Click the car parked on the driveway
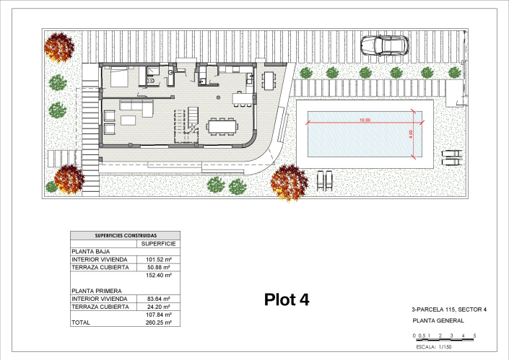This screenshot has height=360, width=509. point(385,45)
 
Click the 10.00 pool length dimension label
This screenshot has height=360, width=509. point(365,120)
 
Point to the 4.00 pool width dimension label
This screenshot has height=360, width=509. point(410,133)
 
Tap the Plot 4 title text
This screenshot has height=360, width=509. point(287,299)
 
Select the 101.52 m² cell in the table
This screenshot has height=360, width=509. point(158,260)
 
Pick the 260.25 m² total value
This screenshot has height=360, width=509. point(158,322)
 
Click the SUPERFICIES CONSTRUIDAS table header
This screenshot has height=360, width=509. point(126,235)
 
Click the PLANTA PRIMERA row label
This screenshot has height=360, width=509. point(97,291)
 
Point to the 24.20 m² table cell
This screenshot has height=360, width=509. point(158,307)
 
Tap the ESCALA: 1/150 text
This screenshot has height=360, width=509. point(434,347)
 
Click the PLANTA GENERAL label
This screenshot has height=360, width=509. point(438,321)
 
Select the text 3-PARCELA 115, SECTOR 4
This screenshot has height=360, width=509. point(449,309)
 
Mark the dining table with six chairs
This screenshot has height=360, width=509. point(222,126)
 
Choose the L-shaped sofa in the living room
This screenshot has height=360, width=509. point(136,107)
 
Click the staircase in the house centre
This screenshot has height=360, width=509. point(193,120)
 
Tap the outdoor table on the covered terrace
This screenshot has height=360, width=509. point(269,81)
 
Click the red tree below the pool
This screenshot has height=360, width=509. point(289,183)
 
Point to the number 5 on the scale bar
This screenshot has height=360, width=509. point(474,335)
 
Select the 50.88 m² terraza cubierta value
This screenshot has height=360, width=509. point(158,267)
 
